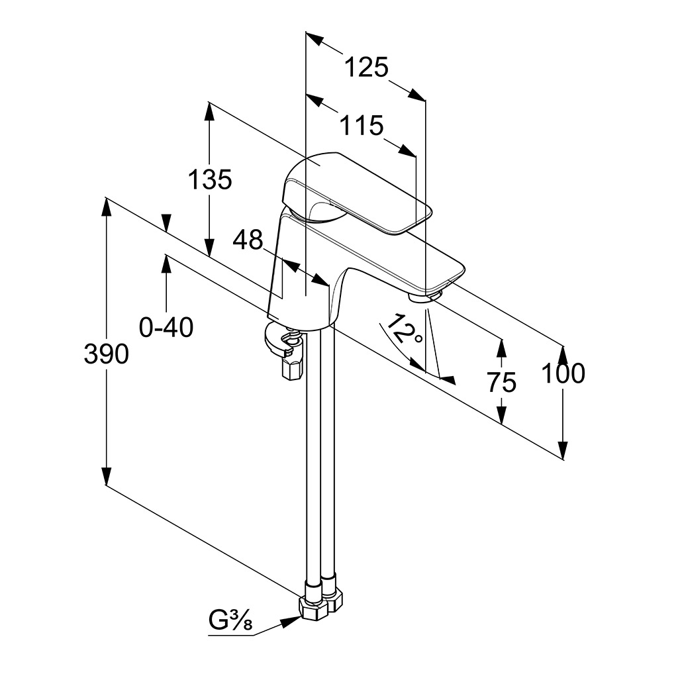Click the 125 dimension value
pos(365,68)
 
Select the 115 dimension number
pos(361,125)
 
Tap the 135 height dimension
pos(210,179)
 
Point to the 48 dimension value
pos(248,240)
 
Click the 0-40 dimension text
pos(166,326)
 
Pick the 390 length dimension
pos(106,355)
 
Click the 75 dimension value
pos(501,382)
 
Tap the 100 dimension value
pos(563,374)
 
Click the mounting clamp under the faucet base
pos(285,348)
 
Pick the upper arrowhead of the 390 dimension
pos(106,206)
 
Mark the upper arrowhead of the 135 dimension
pos(210,112)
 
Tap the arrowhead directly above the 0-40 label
pos(166,263)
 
